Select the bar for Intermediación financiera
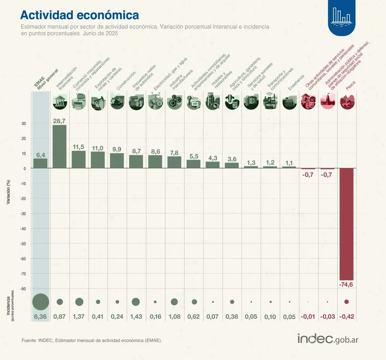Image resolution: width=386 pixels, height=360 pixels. point(59,146)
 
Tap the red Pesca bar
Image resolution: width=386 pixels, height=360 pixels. point(347,224)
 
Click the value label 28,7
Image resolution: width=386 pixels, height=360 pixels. point(59,121)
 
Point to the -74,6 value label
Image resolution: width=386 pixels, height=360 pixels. point(347,285)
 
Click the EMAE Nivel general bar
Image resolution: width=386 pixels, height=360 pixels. point(40,163)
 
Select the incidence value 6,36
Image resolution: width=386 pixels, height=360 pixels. point(40,317)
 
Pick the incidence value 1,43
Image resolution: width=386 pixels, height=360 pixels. point(136,317)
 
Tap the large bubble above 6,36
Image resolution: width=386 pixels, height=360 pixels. point(40,301)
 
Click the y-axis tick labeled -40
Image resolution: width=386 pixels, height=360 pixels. point(23,228)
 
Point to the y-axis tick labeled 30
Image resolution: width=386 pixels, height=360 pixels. point(23,123)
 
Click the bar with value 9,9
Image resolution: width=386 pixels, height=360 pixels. point(117,161)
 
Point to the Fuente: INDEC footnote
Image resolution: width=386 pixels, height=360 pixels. point(92,340)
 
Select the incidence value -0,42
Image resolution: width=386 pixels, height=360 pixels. point(347,317)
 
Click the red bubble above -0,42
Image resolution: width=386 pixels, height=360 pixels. point(347,301)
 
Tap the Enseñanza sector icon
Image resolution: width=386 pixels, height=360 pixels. point(289,102)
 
